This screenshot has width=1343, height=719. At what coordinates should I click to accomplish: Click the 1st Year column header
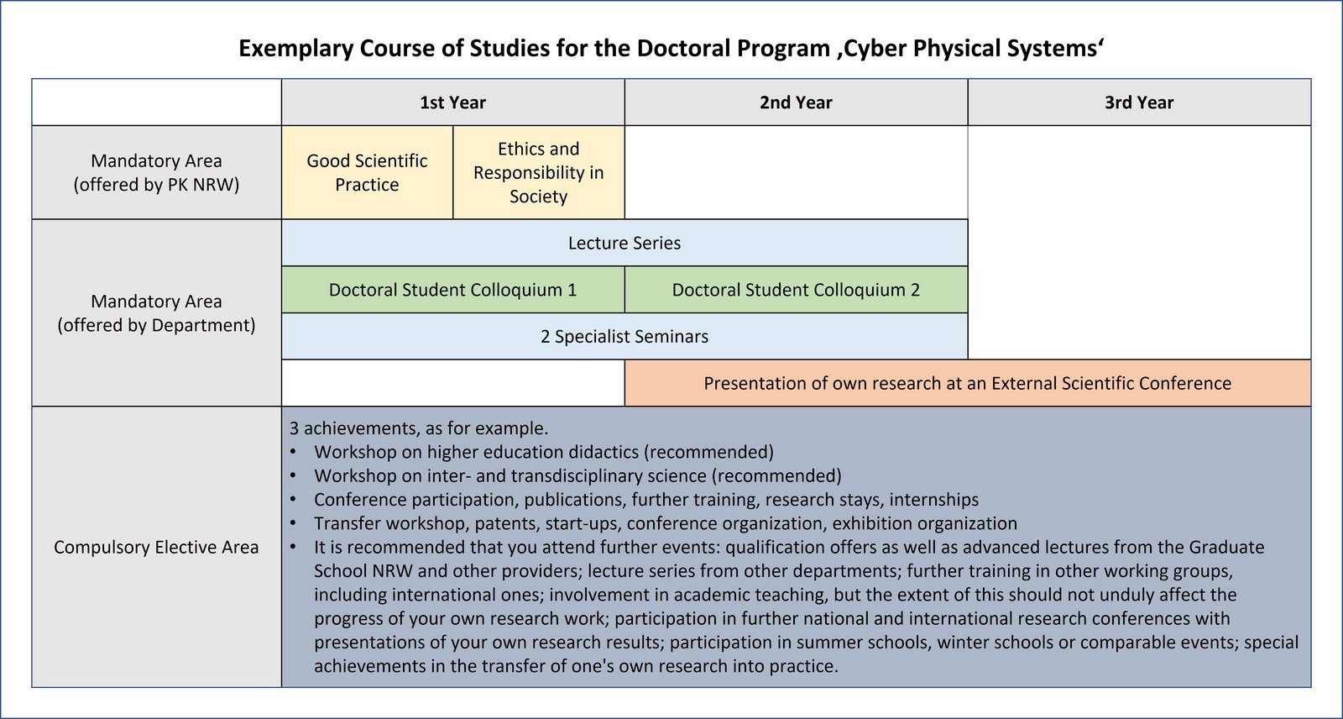click(x=452, y=102)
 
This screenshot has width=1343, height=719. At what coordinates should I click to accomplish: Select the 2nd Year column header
click(x=796, y=102)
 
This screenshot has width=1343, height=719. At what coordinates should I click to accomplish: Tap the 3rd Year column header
click(x=1139, y=102)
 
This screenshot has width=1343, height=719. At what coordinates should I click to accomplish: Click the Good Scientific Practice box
click(x=367, y=172)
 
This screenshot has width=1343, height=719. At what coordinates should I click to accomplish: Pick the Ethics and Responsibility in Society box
click(x=538, y=172)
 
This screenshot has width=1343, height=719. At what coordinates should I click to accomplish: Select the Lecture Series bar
click(x=624, y=243)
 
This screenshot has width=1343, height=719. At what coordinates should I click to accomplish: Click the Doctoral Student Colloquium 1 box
click(x=452, y=290)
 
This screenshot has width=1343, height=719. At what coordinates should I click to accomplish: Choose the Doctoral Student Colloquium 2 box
click(x=796, y=290)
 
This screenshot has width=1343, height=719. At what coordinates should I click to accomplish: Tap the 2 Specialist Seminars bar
click(x=624, y=337)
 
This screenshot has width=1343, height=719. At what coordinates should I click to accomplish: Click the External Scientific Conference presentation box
click(x=967, y=383)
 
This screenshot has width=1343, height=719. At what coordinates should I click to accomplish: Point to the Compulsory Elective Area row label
click(x=156, y=547)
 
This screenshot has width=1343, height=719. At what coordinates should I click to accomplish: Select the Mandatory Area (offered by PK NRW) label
click(x=156, y=172)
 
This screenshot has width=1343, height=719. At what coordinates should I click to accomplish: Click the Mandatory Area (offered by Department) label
click(x=156, y=312)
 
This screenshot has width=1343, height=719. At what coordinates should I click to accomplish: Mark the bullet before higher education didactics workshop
click(x=294, y=453)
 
